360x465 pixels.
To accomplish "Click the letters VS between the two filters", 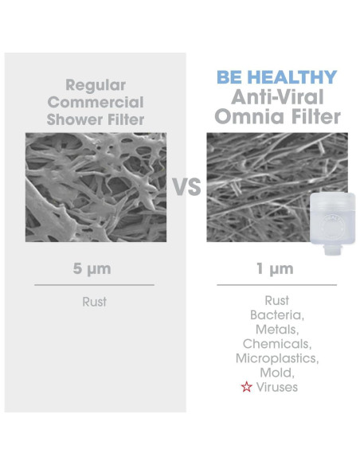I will tap(186, 188).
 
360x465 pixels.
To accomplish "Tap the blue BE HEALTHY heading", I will tap(276, 78).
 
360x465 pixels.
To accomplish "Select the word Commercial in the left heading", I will tap(95, 102).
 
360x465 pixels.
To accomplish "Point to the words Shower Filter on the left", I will tap(95, 119).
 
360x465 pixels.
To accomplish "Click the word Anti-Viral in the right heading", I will tap(276, 97).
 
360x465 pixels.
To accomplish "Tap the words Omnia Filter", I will tap(276, 117).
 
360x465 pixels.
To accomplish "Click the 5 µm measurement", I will tap(94, 268).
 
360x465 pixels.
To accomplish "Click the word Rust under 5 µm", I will tap(94, 302).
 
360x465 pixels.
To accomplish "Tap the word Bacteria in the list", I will tap(276, 315).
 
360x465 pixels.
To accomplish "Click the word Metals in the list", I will tap(276, 330).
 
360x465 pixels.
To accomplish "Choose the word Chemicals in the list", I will tap(277, 344).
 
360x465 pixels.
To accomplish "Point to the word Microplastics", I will tap(277, 358).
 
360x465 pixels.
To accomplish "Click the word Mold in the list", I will tap(276, 373).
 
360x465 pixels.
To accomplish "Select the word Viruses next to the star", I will tap(277, 387).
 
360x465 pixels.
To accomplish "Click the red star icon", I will tap(247, 387).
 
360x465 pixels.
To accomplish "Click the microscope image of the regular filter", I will tap(96, 186).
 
